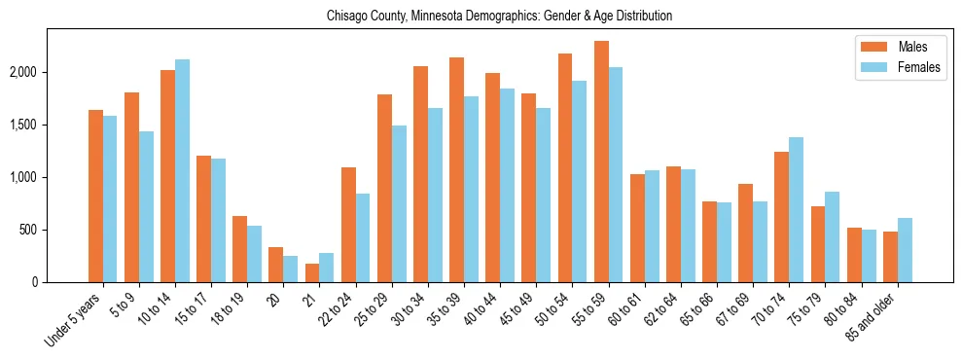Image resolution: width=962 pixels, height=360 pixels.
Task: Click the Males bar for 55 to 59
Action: point(601,162)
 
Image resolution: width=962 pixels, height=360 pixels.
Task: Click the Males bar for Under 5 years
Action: point(95,197)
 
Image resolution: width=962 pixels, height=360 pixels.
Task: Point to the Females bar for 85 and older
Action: point(904,250)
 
